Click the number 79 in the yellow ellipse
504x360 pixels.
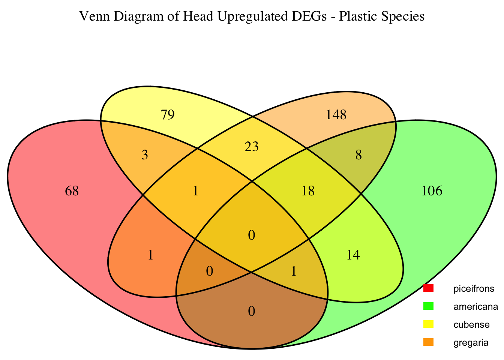coord(167,115)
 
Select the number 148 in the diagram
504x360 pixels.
coord(336,115)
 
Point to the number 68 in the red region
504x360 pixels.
coord(72,191)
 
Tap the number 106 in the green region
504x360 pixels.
coord(432,191)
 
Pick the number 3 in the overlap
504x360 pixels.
coord(145,155)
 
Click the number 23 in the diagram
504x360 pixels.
coord(252,147)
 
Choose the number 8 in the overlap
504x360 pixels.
coord(358,155)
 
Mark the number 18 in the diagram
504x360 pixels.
coord(308,191)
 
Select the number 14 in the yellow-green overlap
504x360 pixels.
coord(353,255)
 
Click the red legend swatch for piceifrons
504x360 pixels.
coord(428,288)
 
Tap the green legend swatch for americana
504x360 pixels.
coord(428,306)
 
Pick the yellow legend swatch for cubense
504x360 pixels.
coord(428,324)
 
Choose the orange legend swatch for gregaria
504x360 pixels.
coord(428,342)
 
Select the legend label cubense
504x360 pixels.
coord(471,324)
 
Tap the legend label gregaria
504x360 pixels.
coord(471,342)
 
